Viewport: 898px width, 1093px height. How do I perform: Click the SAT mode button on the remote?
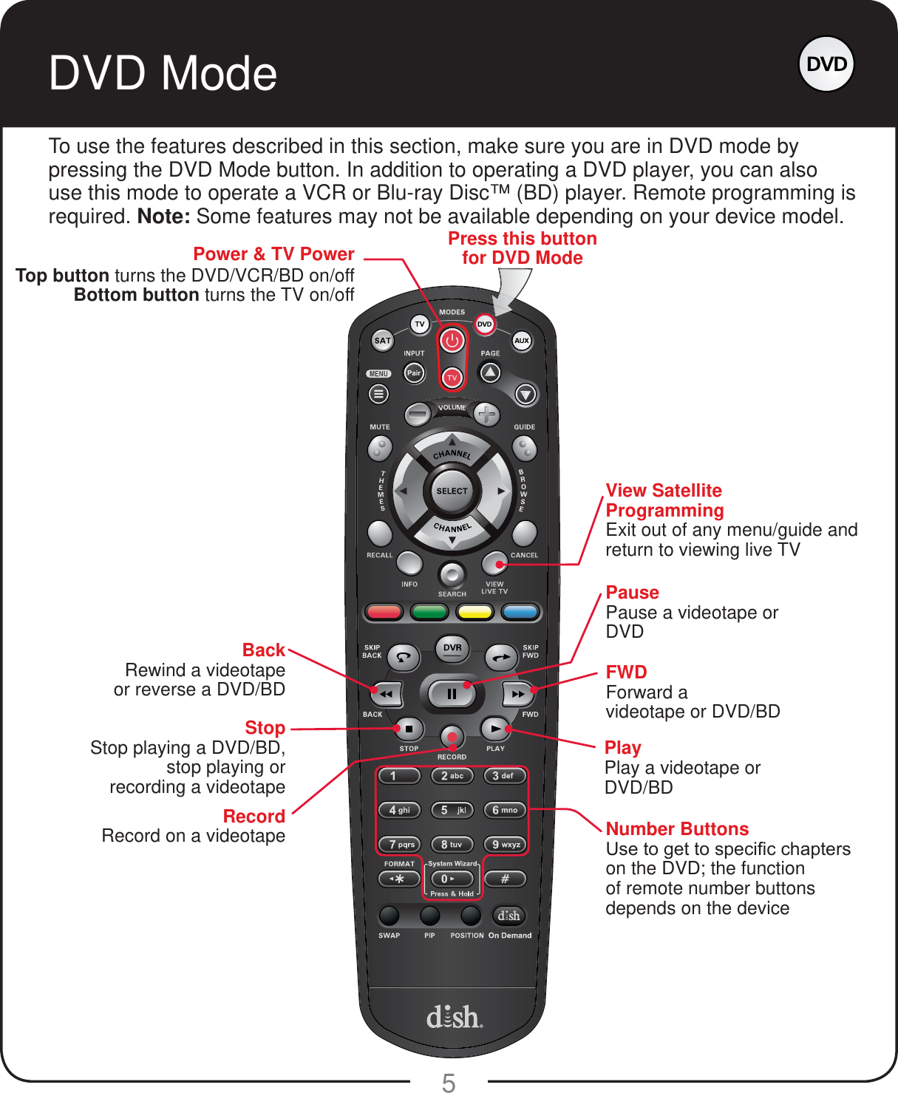pos(382,341)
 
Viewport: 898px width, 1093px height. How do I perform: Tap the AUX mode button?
pos(522,341)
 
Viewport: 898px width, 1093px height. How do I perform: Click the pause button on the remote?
pos(452,694)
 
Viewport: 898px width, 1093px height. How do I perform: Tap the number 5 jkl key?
pos(452,810)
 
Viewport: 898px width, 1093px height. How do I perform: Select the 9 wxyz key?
pos(505,844)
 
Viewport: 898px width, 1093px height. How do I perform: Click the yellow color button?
pos(474,612)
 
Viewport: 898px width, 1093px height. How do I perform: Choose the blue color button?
pos(520,612)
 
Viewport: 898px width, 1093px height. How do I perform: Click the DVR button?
pos(452,648)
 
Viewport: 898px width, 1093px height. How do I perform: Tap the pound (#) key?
pos(505,879)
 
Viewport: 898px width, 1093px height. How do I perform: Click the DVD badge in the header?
pos(826,64)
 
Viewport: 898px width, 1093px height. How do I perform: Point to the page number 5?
pos(449,1083)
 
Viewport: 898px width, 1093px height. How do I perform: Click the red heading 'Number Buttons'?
pos(677,829)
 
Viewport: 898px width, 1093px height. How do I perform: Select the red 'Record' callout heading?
pos(254,817)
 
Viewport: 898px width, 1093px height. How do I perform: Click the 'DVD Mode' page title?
pos(163,73)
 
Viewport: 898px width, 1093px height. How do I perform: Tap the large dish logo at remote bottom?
pos(454,1017)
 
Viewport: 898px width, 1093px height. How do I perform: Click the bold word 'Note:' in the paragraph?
pos(163,217)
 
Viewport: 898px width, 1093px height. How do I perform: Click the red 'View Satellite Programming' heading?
pos(664,500)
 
